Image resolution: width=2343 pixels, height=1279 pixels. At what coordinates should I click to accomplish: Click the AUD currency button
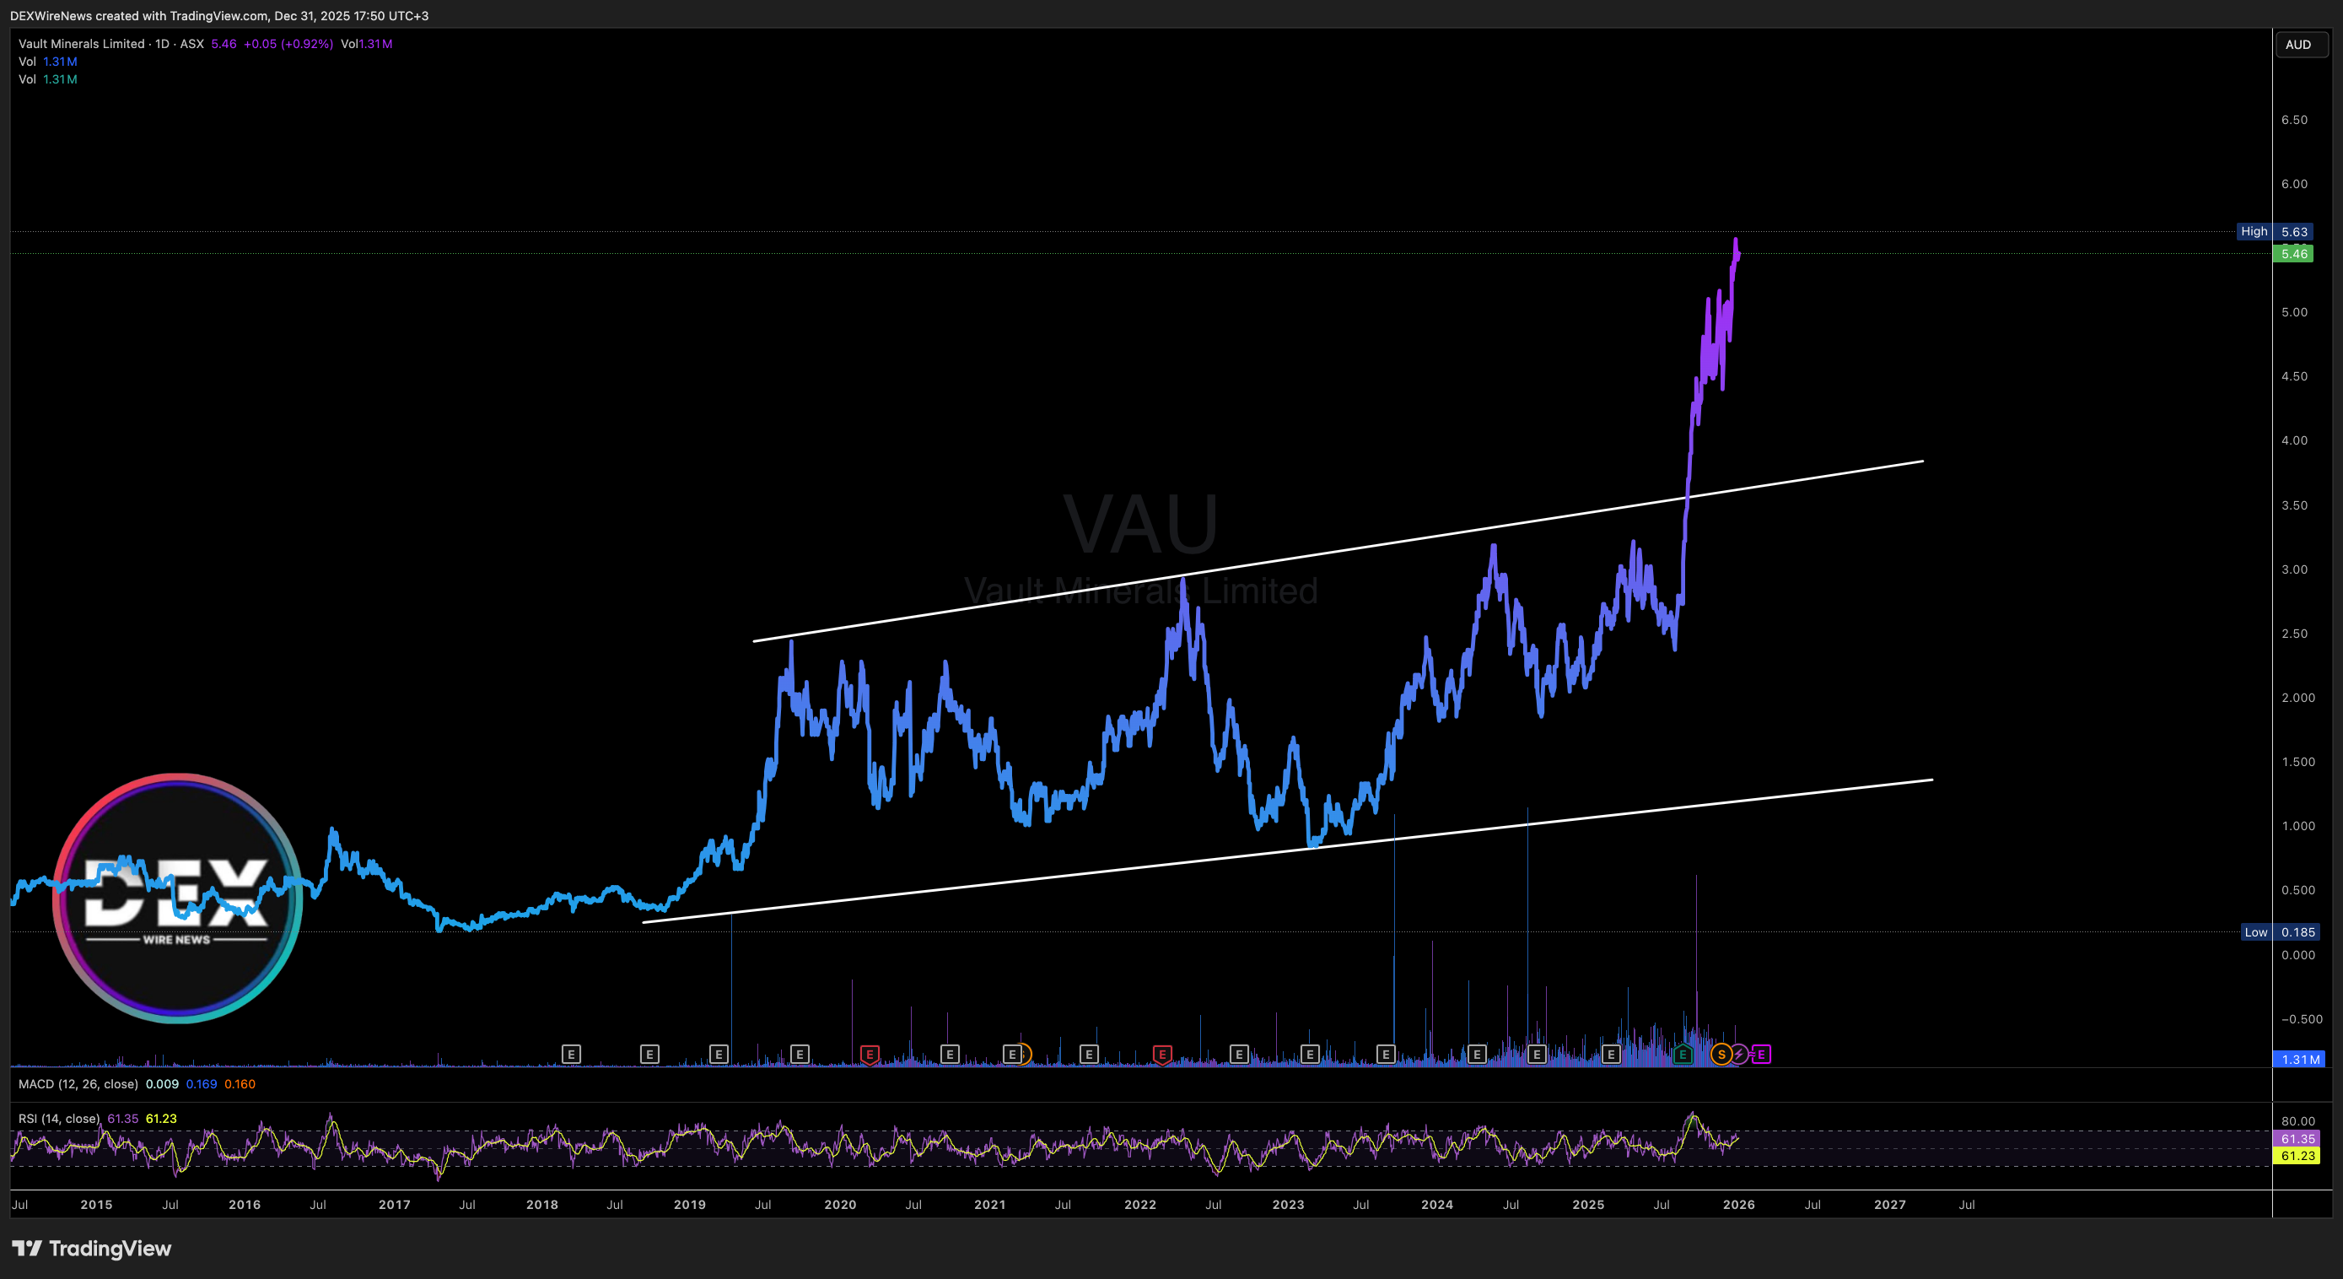coord(2297,45)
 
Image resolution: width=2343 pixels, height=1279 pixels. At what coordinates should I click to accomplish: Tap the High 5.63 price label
coord(2274,232)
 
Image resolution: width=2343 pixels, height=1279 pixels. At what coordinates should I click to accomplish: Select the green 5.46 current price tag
coord(2293,254)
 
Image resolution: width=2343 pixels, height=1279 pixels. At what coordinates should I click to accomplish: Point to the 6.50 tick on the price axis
coord(2294,120)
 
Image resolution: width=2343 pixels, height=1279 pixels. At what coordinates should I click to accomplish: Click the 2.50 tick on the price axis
coord(2294,634)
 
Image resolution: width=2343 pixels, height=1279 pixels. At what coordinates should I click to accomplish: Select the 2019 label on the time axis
coord(689,1205)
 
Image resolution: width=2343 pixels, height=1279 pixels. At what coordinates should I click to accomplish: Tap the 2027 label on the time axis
coord(1889,1205)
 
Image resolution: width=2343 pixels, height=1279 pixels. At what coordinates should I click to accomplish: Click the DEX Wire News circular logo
coord(177,898)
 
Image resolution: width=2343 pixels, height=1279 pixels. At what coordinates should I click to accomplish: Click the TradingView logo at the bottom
coord(92,1248)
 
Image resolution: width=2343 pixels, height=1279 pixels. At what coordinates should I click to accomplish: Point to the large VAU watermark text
coord(1140,525)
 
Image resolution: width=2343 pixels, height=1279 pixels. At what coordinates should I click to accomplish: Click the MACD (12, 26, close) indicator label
coord(78,1084)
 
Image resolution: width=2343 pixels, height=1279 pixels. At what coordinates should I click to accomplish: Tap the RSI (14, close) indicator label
coord(59,1119)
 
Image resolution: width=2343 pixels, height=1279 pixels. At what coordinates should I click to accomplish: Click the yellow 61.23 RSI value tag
coord(2297,1156)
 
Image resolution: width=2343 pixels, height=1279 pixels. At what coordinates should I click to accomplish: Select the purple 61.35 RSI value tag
coord(2297,1139)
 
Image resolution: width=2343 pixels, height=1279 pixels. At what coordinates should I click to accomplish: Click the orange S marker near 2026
coord(1721,1055)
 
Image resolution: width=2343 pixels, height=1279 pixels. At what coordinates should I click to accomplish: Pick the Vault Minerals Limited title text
coord(82,44)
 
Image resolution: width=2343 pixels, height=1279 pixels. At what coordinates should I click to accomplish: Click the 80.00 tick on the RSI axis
coord(2297,1121)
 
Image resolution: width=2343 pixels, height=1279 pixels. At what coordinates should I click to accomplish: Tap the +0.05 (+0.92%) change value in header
coord(288,44)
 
